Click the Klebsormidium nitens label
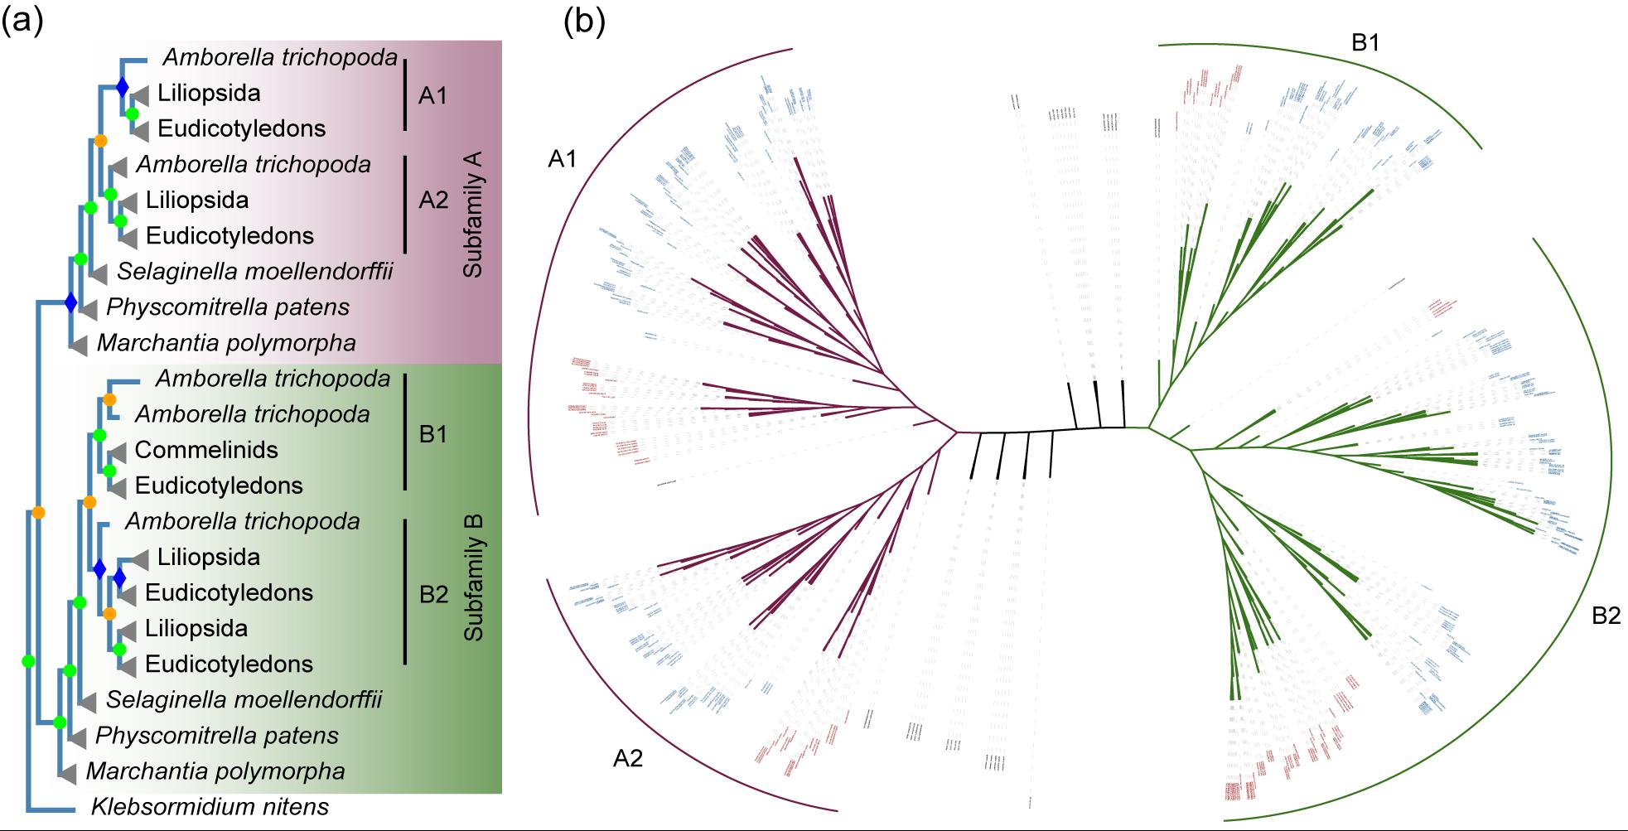point(210,807)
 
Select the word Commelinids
point(206,450)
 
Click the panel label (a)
point(22,21)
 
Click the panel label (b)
point(584,21)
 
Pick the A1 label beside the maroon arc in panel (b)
point(563,159)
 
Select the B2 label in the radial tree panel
point(1606,616)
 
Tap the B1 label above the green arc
point(1365,43)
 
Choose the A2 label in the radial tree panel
point(628,758)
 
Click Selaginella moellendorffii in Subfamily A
point(255,271)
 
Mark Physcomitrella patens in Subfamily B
point(217,736)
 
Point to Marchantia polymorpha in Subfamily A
point(226,343)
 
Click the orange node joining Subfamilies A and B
point(38,513)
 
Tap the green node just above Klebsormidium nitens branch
point(28,661)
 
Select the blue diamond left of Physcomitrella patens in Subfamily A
point(70,302)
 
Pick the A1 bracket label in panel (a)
point(432,96)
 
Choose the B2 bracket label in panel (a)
point(433,595)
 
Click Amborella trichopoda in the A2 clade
point(254,164)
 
